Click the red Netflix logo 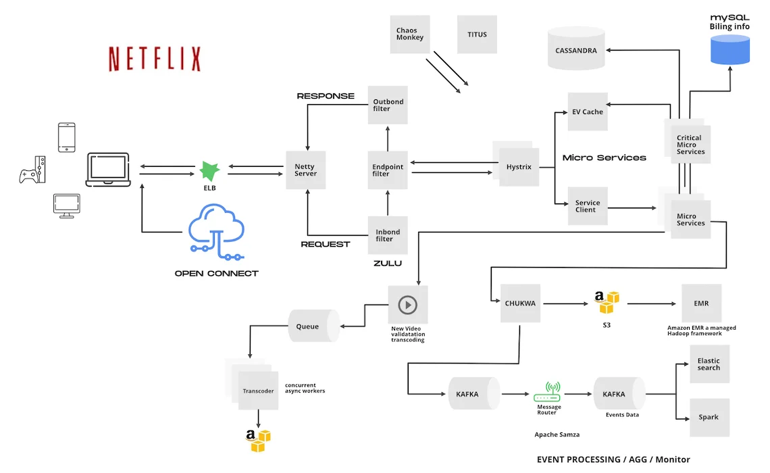point(155,59)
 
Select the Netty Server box point(306,170)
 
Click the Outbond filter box point(388,105)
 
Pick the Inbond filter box point(388,235)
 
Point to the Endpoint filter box point(388,170)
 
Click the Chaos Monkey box point(410,34)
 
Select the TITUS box point(477,34)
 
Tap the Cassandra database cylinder point(576,49)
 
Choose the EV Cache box point(588,111)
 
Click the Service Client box point(588,206)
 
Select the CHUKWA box point(520,303)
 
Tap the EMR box point(701,303)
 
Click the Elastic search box point(709,364)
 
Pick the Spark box point(709,417)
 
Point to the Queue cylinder point(313,326)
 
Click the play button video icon point(407,305)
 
